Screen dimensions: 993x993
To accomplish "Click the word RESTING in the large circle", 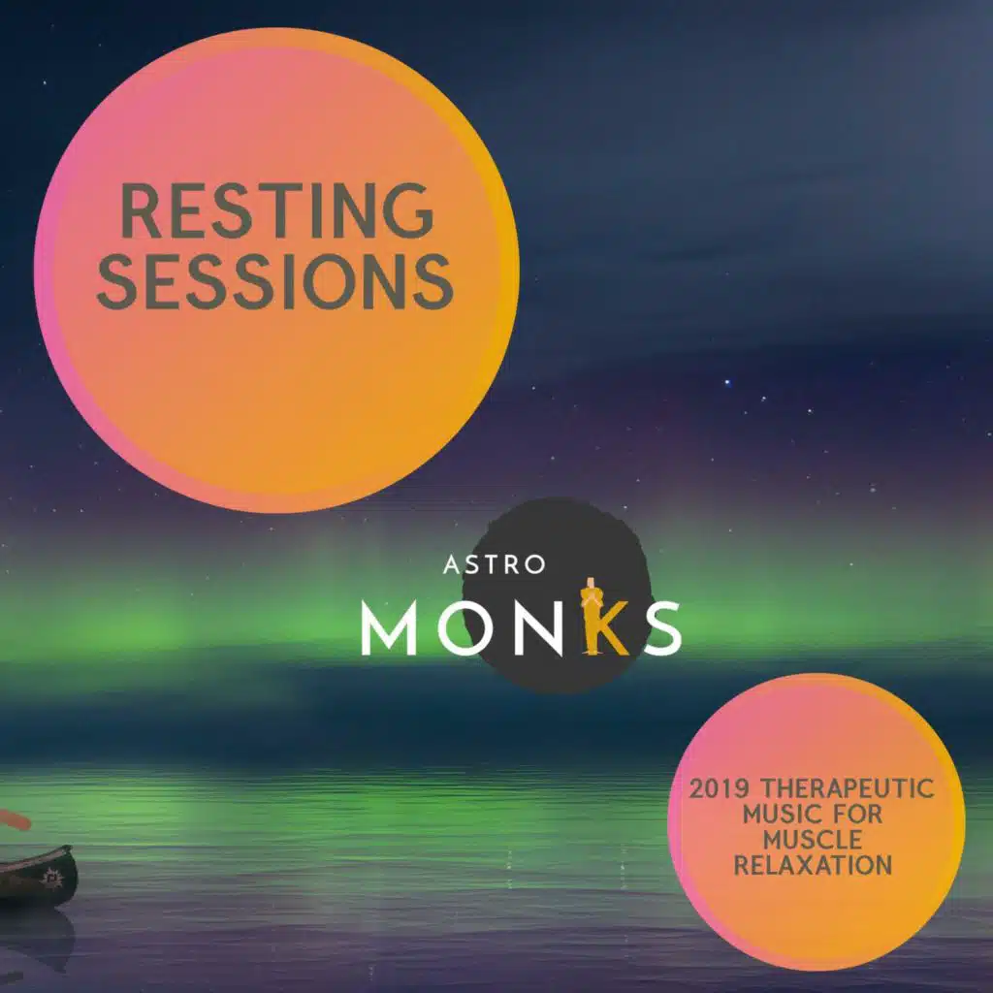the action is click(x=277, y=210).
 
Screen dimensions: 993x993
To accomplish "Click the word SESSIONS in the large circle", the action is click(x=275, y=281).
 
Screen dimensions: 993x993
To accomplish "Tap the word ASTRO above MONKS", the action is click(x=494, y=564).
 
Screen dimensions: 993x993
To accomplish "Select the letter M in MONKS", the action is click(x=388, y=627).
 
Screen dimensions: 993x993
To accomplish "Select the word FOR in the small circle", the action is click(x=856, y=815).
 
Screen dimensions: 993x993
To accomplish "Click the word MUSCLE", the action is click(x=813, y=841).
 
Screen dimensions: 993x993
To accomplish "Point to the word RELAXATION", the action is click(x=814, y=866).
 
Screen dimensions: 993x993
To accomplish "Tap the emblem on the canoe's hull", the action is click(x=50, y=877).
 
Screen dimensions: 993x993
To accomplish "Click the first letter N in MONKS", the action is click(x=537, y=627).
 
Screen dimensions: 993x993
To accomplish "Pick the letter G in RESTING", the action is click(x=409, y=210).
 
